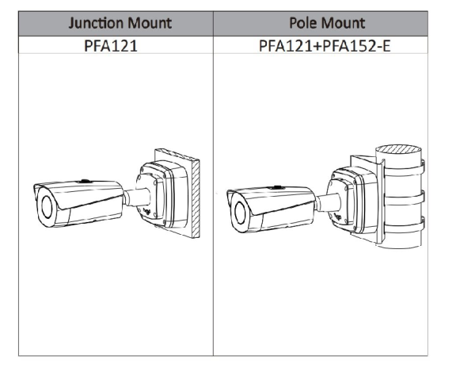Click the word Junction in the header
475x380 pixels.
[x=96, y=23]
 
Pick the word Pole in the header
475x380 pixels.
[x=303, y=23]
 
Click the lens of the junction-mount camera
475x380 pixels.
[x=47, y=207]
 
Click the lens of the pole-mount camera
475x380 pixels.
[x=240, y=213]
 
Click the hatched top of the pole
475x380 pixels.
[x=398, y=149]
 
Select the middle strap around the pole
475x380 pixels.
[x=403, y=199]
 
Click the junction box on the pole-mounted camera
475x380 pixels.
[x=353, y=201]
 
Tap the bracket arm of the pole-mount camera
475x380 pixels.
[x=328, y=202]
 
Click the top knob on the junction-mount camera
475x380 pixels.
[x=84, y=181]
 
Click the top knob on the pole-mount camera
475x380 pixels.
[x=276, y=187]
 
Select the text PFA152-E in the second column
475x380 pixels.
[x=356, y=45]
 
